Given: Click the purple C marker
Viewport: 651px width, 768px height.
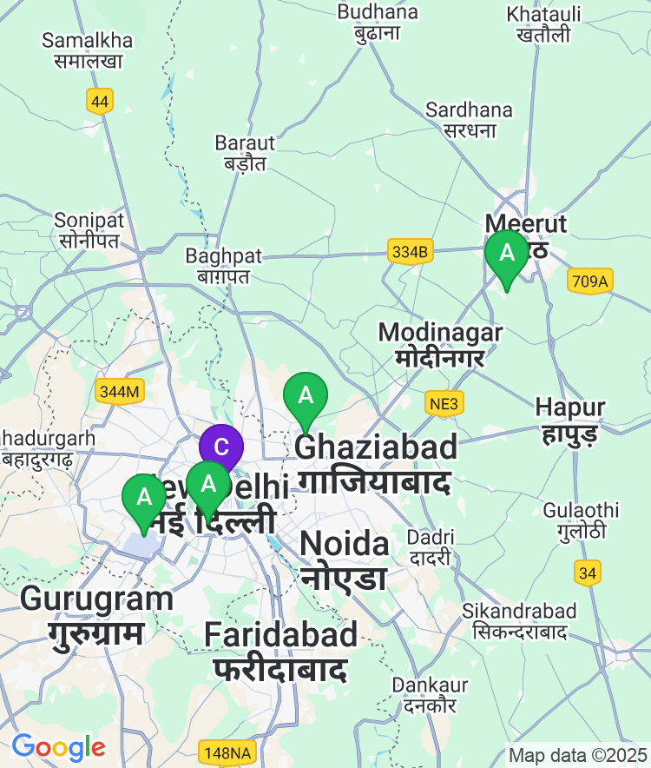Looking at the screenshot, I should tap(221, 447).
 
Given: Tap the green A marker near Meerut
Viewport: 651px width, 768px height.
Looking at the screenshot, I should tap(506, 254).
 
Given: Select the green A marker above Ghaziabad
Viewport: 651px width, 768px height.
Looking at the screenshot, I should tap(306, 396).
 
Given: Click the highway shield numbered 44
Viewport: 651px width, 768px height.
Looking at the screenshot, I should tap(100, 102).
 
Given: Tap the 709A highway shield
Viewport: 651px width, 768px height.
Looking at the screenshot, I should tap(590, 281).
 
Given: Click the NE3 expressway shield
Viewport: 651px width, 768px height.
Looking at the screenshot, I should tap(445, 403).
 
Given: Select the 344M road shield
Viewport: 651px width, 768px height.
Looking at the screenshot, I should tap(119, 393).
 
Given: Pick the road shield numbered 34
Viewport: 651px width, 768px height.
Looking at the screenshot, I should tap(589, 573).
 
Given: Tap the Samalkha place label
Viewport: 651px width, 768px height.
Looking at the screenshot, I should tap(88, 50).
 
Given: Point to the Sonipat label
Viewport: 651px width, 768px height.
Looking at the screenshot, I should tap(89, 230).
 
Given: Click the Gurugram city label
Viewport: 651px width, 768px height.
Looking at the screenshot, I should tap(96, 615).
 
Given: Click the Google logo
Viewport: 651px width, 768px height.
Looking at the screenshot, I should tap(58, 747).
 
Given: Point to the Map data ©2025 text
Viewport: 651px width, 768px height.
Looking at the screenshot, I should tap(578, 755).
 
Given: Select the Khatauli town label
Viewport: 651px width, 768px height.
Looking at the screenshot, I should tap(543, 24).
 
